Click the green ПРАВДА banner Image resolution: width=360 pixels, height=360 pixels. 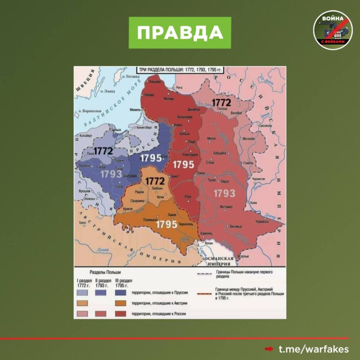click(180, 33)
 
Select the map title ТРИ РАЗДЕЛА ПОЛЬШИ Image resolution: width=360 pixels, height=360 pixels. click(180, 70)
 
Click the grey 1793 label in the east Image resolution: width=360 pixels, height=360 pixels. click(224, 193)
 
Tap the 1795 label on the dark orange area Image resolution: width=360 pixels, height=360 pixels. click(166, 224)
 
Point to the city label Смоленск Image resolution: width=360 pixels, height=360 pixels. click(265, 126)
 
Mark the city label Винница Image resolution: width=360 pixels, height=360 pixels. click(236, 227)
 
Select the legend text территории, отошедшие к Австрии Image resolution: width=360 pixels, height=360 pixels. click(159, 303)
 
